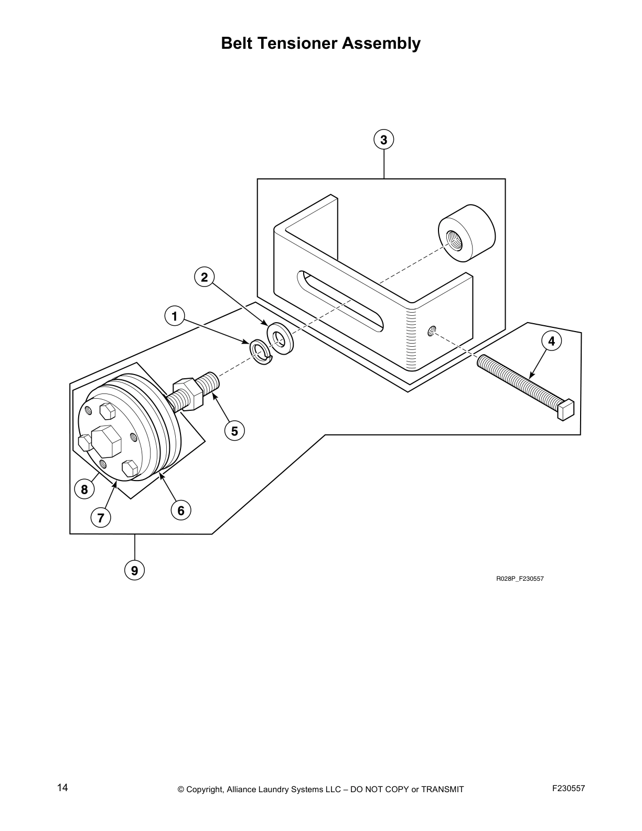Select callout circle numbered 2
(x=204, y=276)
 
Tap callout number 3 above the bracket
(x=383, y=140)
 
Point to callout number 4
(x=551, y=342)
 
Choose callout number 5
(x=234, y=431)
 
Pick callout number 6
(x=181, y=510)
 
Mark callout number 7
(x=100, y=518)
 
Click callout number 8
(x=84, y=490)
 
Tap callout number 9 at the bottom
(x=135, y=570)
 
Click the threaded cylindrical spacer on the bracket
(x=466, y=234)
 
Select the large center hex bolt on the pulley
(x=105, y=441)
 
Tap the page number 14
(x=62, y=787)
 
